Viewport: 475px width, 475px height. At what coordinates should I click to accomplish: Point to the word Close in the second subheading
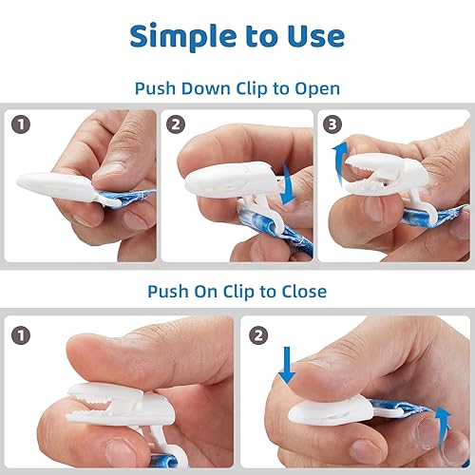(x=300, y=291)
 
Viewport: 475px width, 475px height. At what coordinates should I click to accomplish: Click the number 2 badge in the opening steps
(x=177, y=124)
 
